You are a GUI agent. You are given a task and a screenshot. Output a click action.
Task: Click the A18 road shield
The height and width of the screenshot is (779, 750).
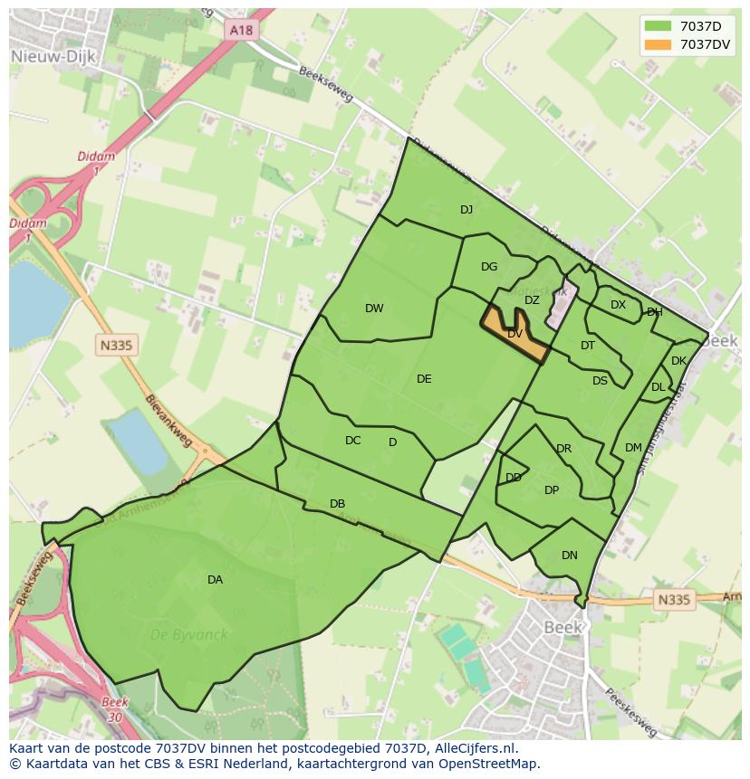[x=241, y=30]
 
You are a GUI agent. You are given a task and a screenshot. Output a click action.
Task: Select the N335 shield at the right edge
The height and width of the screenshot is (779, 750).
[x=673, y=599]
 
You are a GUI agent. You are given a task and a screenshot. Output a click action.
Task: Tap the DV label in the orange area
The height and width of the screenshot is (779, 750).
[x=514, y=334]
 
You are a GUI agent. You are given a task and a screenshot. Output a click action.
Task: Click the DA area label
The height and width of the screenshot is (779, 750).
[x=215, y=580]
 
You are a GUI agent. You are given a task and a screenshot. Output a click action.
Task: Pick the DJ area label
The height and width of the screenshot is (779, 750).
[x=466, y=210]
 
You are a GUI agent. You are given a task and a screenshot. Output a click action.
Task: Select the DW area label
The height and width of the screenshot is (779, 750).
[x=374, y=309]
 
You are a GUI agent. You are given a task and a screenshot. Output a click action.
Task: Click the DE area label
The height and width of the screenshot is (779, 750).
[x=424, y=379]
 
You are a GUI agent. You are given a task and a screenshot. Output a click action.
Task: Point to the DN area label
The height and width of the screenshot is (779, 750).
[x=569, y=556]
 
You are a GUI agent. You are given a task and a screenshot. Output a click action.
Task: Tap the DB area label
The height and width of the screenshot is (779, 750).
[x=337, y=504]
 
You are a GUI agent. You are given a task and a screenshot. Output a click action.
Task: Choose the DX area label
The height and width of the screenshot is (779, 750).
[x=618, y=305]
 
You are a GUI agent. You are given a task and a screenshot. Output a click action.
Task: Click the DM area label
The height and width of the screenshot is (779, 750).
[x=633, y=448]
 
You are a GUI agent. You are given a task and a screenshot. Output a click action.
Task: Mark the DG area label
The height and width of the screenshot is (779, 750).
[x=489, y=267]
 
